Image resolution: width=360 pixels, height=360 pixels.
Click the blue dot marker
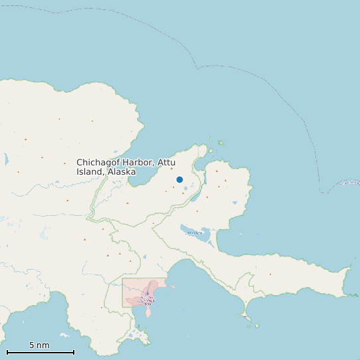(x=179, y=179)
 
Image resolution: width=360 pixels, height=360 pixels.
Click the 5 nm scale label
(x=39, y=345)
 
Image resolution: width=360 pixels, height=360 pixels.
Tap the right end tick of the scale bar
(x=74, y=352)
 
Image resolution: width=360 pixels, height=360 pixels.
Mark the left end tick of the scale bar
(x=7, y=352)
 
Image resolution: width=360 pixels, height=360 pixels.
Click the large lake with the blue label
(x=195, y=232)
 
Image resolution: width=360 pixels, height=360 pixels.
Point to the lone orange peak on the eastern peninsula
(x=270, y=274)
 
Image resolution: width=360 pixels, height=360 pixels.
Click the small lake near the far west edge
(x=7, y=160)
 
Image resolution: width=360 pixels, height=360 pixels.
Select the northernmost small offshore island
(x=221, y=142)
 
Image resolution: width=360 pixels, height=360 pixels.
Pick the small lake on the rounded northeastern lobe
(x=234, y=203)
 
